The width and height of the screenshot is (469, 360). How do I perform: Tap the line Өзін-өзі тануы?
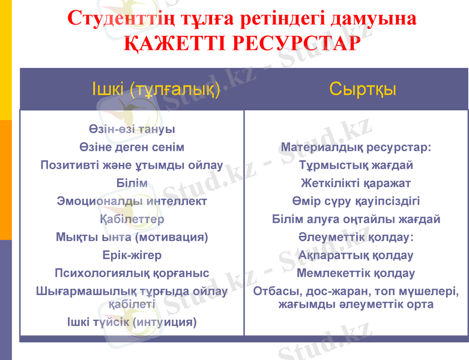tap(132, 129)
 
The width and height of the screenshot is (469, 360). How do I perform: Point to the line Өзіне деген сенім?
tap(132, 147)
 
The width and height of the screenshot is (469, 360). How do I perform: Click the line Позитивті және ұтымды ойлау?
tap(132, 165)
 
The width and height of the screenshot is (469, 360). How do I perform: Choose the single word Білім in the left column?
tap(132, 183)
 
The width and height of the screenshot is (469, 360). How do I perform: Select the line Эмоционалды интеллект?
tap(132, 201)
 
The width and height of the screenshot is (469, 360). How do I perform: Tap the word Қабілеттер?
tap(132, 219)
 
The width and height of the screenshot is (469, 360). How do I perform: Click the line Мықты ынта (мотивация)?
tap(132, 237)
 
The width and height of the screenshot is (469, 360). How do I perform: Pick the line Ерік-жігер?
tap(132, 256)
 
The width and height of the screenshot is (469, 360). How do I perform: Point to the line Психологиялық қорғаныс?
tap(132, 274)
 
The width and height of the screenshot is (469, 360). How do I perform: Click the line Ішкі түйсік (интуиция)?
tap(132, 322)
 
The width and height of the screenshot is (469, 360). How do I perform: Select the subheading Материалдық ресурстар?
tap(356, 147)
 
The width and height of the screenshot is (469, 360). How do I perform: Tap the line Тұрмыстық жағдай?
tap(356, 165)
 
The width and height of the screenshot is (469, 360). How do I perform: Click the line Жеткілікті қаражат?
tap(356, 183)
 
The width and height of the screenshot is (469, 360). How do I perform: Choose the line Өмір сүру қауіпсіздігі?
tap(356, 201)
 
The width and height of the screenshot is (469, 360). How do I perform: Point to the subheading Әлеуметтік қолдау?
tap(356, 238)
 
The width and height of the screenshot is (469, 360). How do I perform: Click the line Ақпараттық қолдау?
tap(356, 256)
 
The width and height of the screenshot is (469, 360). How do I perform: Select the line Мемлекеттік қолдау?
tap(356, 274)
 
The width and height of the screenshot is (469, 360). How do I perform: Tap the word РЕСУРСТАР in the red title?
tap(296, 43)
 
